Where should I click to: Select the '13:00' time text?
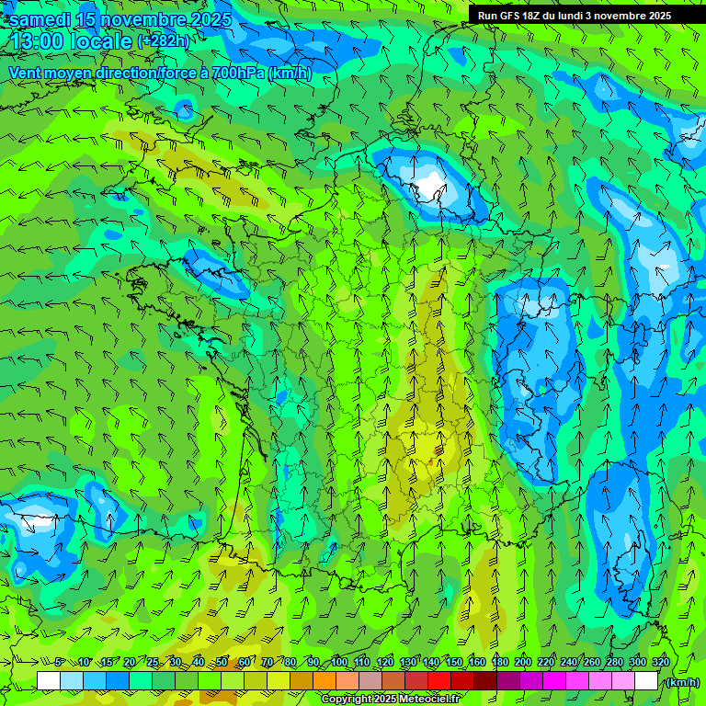pos(35,42)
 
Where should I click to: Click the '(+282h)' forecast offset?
pos(164,41)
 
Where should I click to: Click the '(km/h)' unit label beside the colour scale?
pos(681,682)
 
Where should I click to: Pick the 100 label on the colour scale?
pos(339,663)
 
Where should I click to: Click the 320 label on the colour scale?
pos(661,663)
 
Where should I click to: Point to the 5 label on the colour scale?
pos(60,663)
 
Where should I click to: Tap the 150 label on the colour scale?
pos(454,663)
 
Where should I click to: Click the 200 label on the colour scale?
pos(523,663)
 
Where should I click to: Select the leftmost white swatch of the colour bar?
pos(49,680)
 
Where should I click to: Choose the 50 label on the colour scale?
pos(222,663)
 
